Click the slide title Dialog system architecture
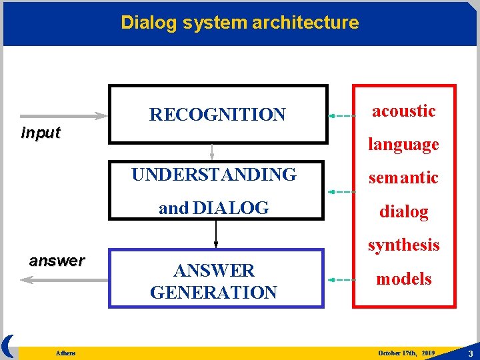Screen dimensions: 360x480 tap(239, 23)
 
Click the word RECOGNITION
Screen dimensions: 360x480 tap(217, 115)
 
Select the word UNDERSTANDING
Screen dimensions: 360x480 tap(214, 175)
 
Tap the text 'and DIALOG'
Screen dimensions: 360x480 tap(214, 208)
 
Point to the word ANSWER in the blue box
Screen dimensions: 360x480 tap(214, 271)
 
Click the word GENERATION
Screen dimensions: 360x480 tap(214, 292)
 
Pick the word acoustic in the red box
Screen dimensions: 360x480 tap(404, 111)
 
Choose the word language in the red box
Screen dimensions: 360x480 tap(404, 144)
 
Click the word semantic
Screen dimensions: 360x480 tap(404, 177)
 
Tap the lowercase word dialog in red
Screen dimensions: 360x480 tap(404, 211)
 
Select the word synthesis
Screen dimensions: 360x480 tap(404, 245)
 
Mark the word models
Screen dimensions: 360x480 tap(404, 279)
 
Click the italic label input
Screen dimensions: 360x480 tap(41, 133)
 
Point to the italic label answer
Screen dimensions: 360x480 tap(57, 261)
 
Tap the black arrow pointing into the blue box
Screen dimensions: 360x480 tap(216, 233)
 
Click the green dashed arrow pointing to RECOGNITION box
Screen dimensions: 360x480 tap(341, 115)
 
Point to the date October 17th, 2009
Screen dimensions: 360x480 tap(406, 352)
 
